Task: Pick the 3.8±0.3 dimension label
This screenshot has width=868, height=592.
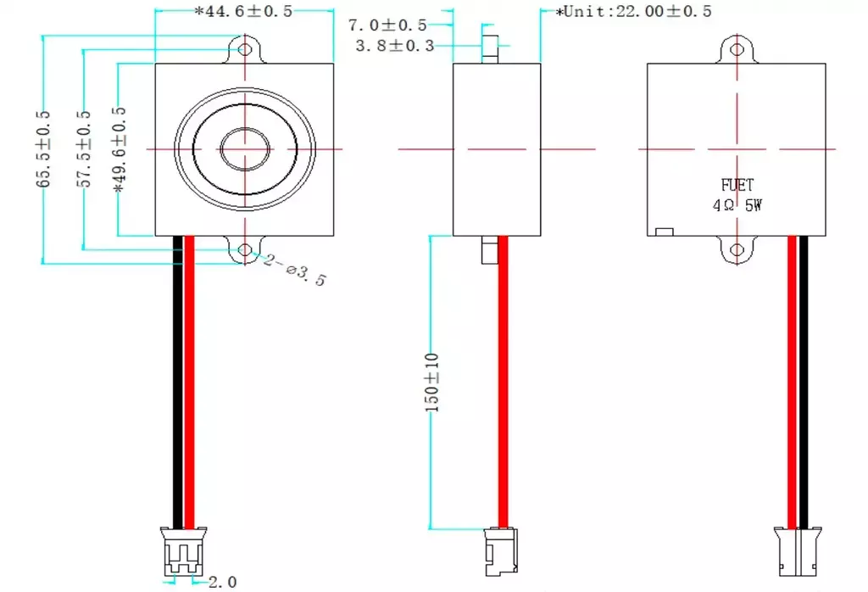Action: tap(394, 46)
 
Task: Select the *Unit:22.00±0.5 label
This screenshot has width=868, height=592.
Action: tap(633, 11)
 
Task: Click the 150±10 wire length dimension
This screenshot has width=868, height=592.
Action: tap(433, 382)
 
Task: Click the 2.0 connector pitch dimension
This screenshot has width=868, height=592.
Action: tap(222, 582)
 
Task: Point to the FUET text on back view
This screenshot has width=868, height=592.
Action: tap(737, 184)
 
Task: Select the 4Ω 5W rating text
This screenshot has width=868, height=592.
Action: tap(737, 205)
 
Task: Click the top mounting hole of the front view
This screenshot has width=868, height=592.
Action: tap(246, 47)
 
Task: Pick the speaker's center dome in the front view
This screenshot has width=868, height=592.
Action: tap(246, 149)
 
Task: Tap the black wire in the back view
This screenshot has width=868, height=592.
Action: tap(803, 382)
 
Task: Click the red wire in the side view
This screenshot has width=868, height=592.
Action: tap(503, 382)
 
